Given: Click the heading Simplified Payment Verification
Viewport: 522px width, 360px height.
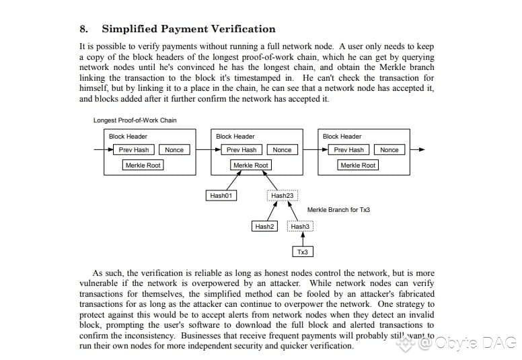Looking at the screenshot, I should tap(188, 29).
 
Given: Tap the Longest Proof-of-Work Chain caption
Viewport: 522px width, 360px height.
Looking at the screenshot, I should tap(135, 120).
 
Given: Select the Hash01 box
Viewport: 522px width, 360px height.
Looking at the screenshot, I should tap(221, 196).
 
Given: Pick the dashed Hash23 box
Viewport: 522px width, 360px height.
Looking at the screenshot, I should tap(283, 196).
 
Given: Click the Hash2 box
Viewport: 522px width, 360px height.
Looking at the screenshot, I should tap(264, 227).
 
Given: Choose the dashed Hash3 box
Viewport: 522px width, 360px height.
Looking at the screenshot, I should tap(300, 227).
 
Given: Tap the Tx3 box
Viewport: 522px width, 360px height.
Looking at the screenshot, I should tap(303, 252).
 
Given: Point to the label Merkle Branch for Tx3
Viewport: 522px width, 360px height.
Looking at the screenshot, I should tap(338, 210).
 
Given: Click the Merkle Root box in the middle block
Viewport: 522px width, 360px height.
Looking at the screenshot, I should tap(251, 165).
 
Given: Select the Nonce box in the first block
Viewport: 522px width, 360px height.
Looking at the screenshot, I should tap(174, 149).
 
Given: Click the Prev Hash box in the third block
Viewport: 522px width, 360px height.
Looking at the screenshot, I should tap(348, 149).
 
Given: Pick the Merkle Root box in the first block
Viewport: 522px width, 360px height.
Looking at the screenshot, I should tap(143, 165).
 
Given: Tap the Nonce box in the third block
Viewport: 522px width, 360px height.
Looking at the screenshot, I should tap(389, 149).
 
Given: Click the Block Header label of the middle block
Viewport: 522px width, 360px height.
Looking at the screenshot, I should tap(235, 136).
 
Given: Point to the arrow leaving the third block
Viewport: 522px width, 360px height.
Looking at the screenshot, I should tap(418, 149).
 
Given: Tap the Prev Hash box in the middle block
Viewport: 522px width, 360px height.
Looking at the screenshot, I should tap(241, 149).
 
